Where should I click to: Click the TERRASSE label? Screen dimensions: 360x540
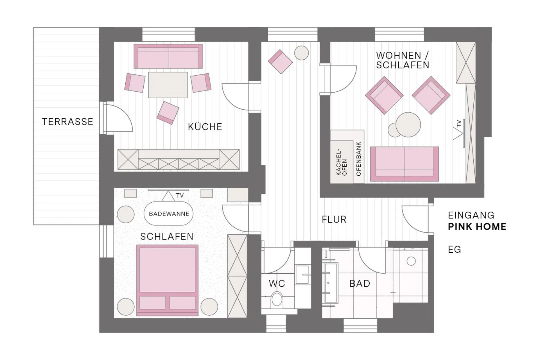pos(67,122)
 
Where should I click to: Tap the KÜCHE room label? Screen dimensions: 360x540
pos(205,127)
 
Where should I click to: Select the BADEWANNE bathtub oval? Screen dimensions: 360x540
pos(169,214)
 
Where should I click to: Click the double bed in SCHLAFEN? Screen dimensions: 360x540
pos(167,280)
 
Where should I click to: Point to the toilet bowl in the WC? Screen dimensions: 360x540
pos(276,300)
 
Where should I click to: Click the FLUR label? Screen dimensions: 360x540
pos(334,220)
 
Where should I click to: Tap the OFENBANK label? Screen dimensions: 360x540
pos(359,159)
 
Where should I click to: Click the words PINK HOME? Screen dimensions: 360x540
pos(477,227)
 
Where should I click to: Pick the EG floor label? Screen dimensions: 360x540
pos(454,249)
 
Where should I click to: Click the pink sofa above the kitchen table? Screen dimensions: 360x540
pos(168,56)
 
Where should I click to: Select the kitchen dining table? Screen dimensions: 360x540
pos(168,85)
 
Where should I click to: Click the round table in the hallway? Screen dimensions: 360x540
pos(301,53)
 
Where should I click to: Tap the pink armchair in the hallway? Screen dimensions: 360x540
pos(280,61)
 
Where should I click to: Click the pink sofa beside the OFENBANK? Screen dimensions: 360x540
pos(404,164)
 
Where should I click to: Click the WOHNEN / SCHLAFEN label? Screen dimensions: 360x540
pos(402,60)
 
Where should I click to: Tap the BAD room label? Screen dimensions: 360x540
pos(360,284)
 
